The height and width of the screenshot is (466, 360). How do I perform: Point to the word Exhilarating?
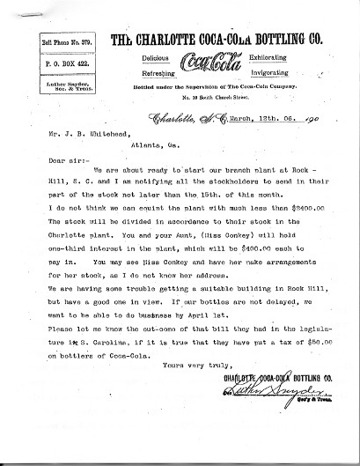[259, 58]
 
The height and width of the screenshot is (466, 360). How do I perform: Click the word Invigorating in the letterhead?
[260, 74]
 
